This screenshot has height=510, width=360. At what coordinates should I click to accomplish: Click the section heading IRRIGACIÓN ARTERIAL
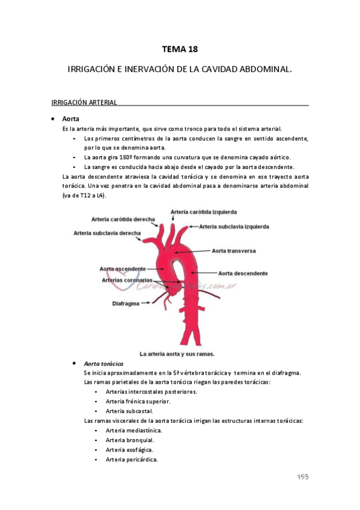84,103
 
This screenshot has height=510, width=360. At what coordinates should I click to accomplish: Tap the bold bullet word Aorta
71,119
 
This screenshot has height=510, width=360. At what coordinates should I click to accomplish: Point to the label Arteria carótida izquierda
204,212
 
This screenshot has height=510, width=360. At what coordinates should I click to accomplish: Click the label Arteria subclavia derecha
108,233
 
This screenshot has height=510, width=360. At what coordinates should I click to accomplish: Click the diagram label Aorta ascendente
123,268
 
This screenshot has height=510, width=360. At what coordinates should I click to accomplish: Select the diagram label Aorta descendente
243,273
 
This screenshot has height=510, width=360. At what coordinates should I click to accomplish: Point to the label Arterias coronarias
127,280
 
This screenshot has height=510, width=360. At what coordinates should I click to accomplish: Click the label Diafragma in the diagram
126,304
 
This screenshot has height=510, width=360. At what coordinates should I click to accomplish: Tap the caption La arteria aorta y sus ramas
177,354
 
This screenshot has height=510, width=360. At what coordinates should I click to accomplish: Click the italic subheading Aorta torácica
104,364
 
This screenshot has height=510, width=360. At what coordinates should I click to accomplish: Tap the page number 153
302,476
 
